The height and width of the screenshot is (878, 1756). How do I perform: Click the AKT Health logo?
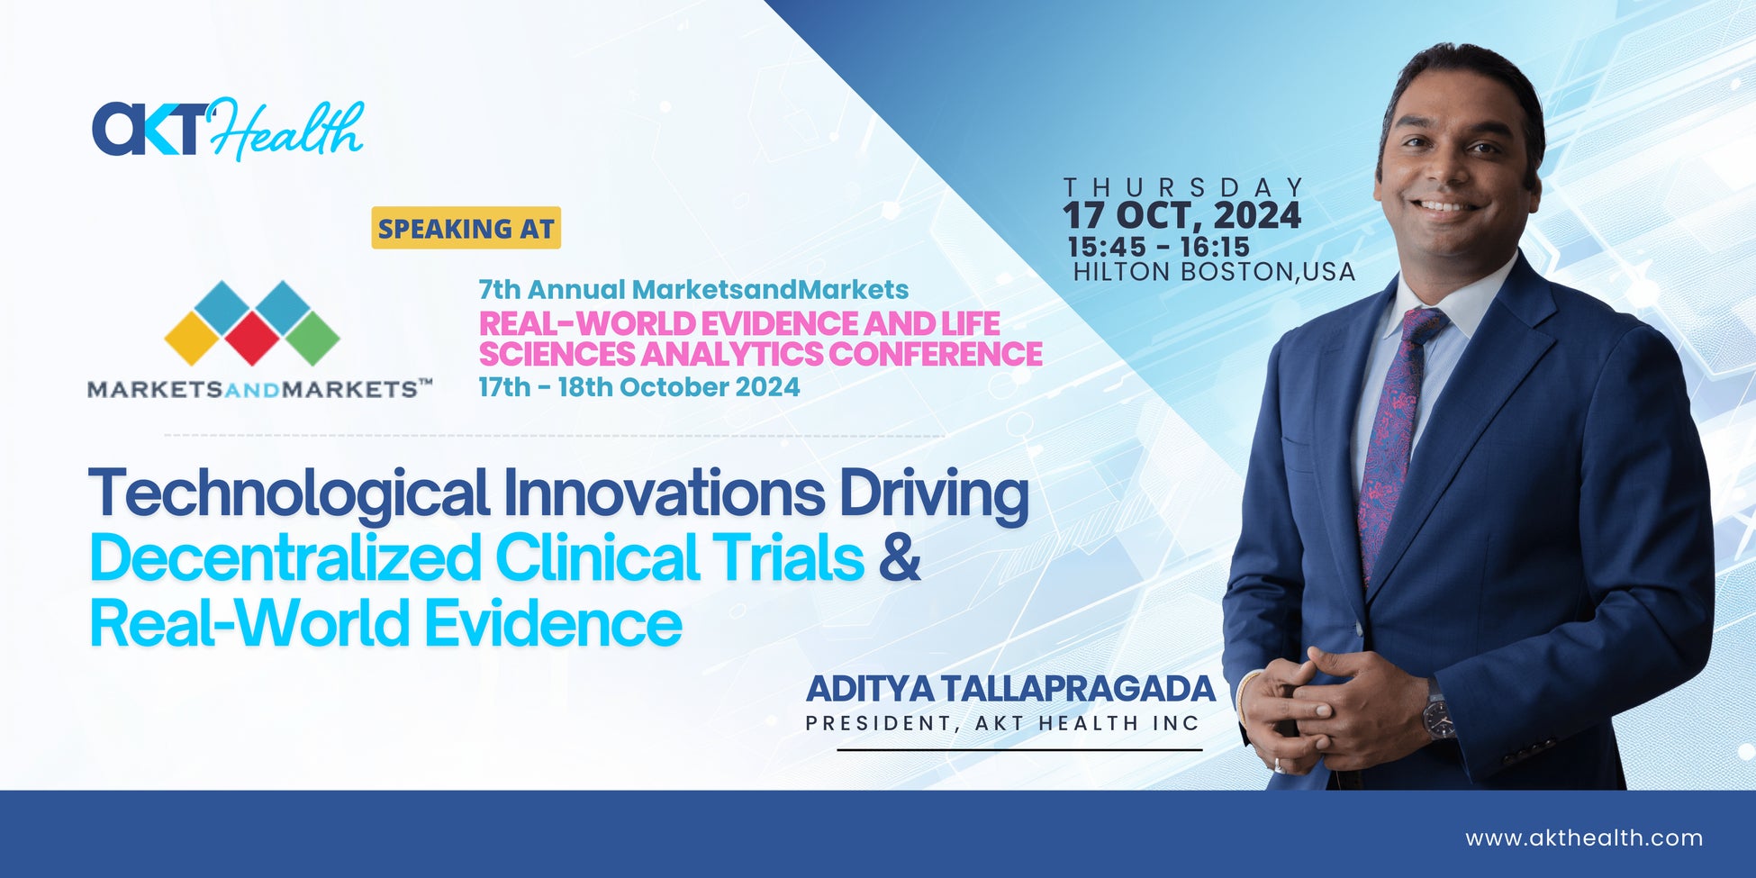pyautogui.click(x=228, y=130)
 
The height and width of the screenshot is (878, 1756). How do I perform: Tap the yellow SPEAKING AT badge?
pyautogui.click(x=466, y=228)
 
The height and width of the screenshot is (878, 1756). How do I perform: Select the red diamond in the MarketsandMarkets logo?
pyautogui.click(x=252, y=337)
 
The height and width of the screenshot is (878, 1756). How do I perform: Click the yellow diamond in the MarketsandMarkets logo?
pyautogui.click(x=193, y=338)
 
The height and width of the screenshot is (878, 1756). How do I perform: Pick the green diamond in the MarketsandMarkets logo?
pyautogui.click(x=311, y=337)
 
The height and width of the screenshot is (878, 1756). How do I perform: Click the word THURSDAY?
pyautogui.click(x=1183, y=187)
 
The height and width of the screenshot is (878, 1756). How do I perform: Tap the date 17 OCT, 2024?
pyautogui.click(x=1182, y=216)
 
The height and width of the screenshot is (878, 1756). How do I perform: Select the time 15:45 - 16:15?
pyautogui.click(x=1158, y=247)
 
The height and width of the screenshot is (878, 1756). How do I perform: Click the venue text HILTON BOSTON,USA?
pyautogui.click(x=1214, y=271)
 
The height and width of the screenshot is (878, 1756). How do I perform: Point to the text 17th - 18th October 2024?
pyautogui.click(x=639, y=387)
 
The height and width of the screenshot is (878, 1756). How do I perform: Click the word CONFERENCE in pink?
pyautogui.click(x=936, y=354)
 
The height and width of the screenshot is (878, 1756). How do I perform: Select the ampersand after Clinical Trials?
pyautogui.click(x=899, y=557)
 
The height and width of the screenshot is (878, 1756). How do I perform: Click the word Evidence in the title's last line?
pyautogui.click(x=553, y=623)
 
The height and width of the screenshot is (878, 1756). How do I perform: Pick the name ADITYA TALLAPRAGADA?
pyautogui.click(x=1010, y=689)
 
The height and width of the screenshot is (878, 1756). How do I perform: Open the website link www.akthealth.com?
pyautogui.click(x=1584, y=838)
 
